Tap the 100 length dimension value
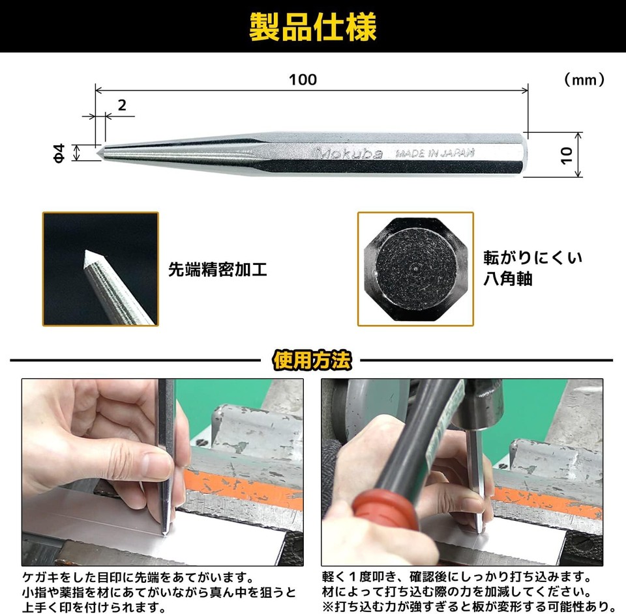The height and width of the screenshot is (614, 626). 303,79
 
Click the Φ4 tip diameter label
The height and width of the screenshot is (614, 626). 59,154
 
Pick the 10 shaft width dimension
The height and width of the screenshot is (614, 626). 566,154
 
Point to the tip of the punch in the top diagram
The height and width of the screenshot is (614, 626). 99,152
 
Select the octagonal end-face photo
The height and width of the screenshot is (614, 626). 415,268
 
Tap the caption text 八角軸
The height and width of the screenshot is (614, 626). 508,279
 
